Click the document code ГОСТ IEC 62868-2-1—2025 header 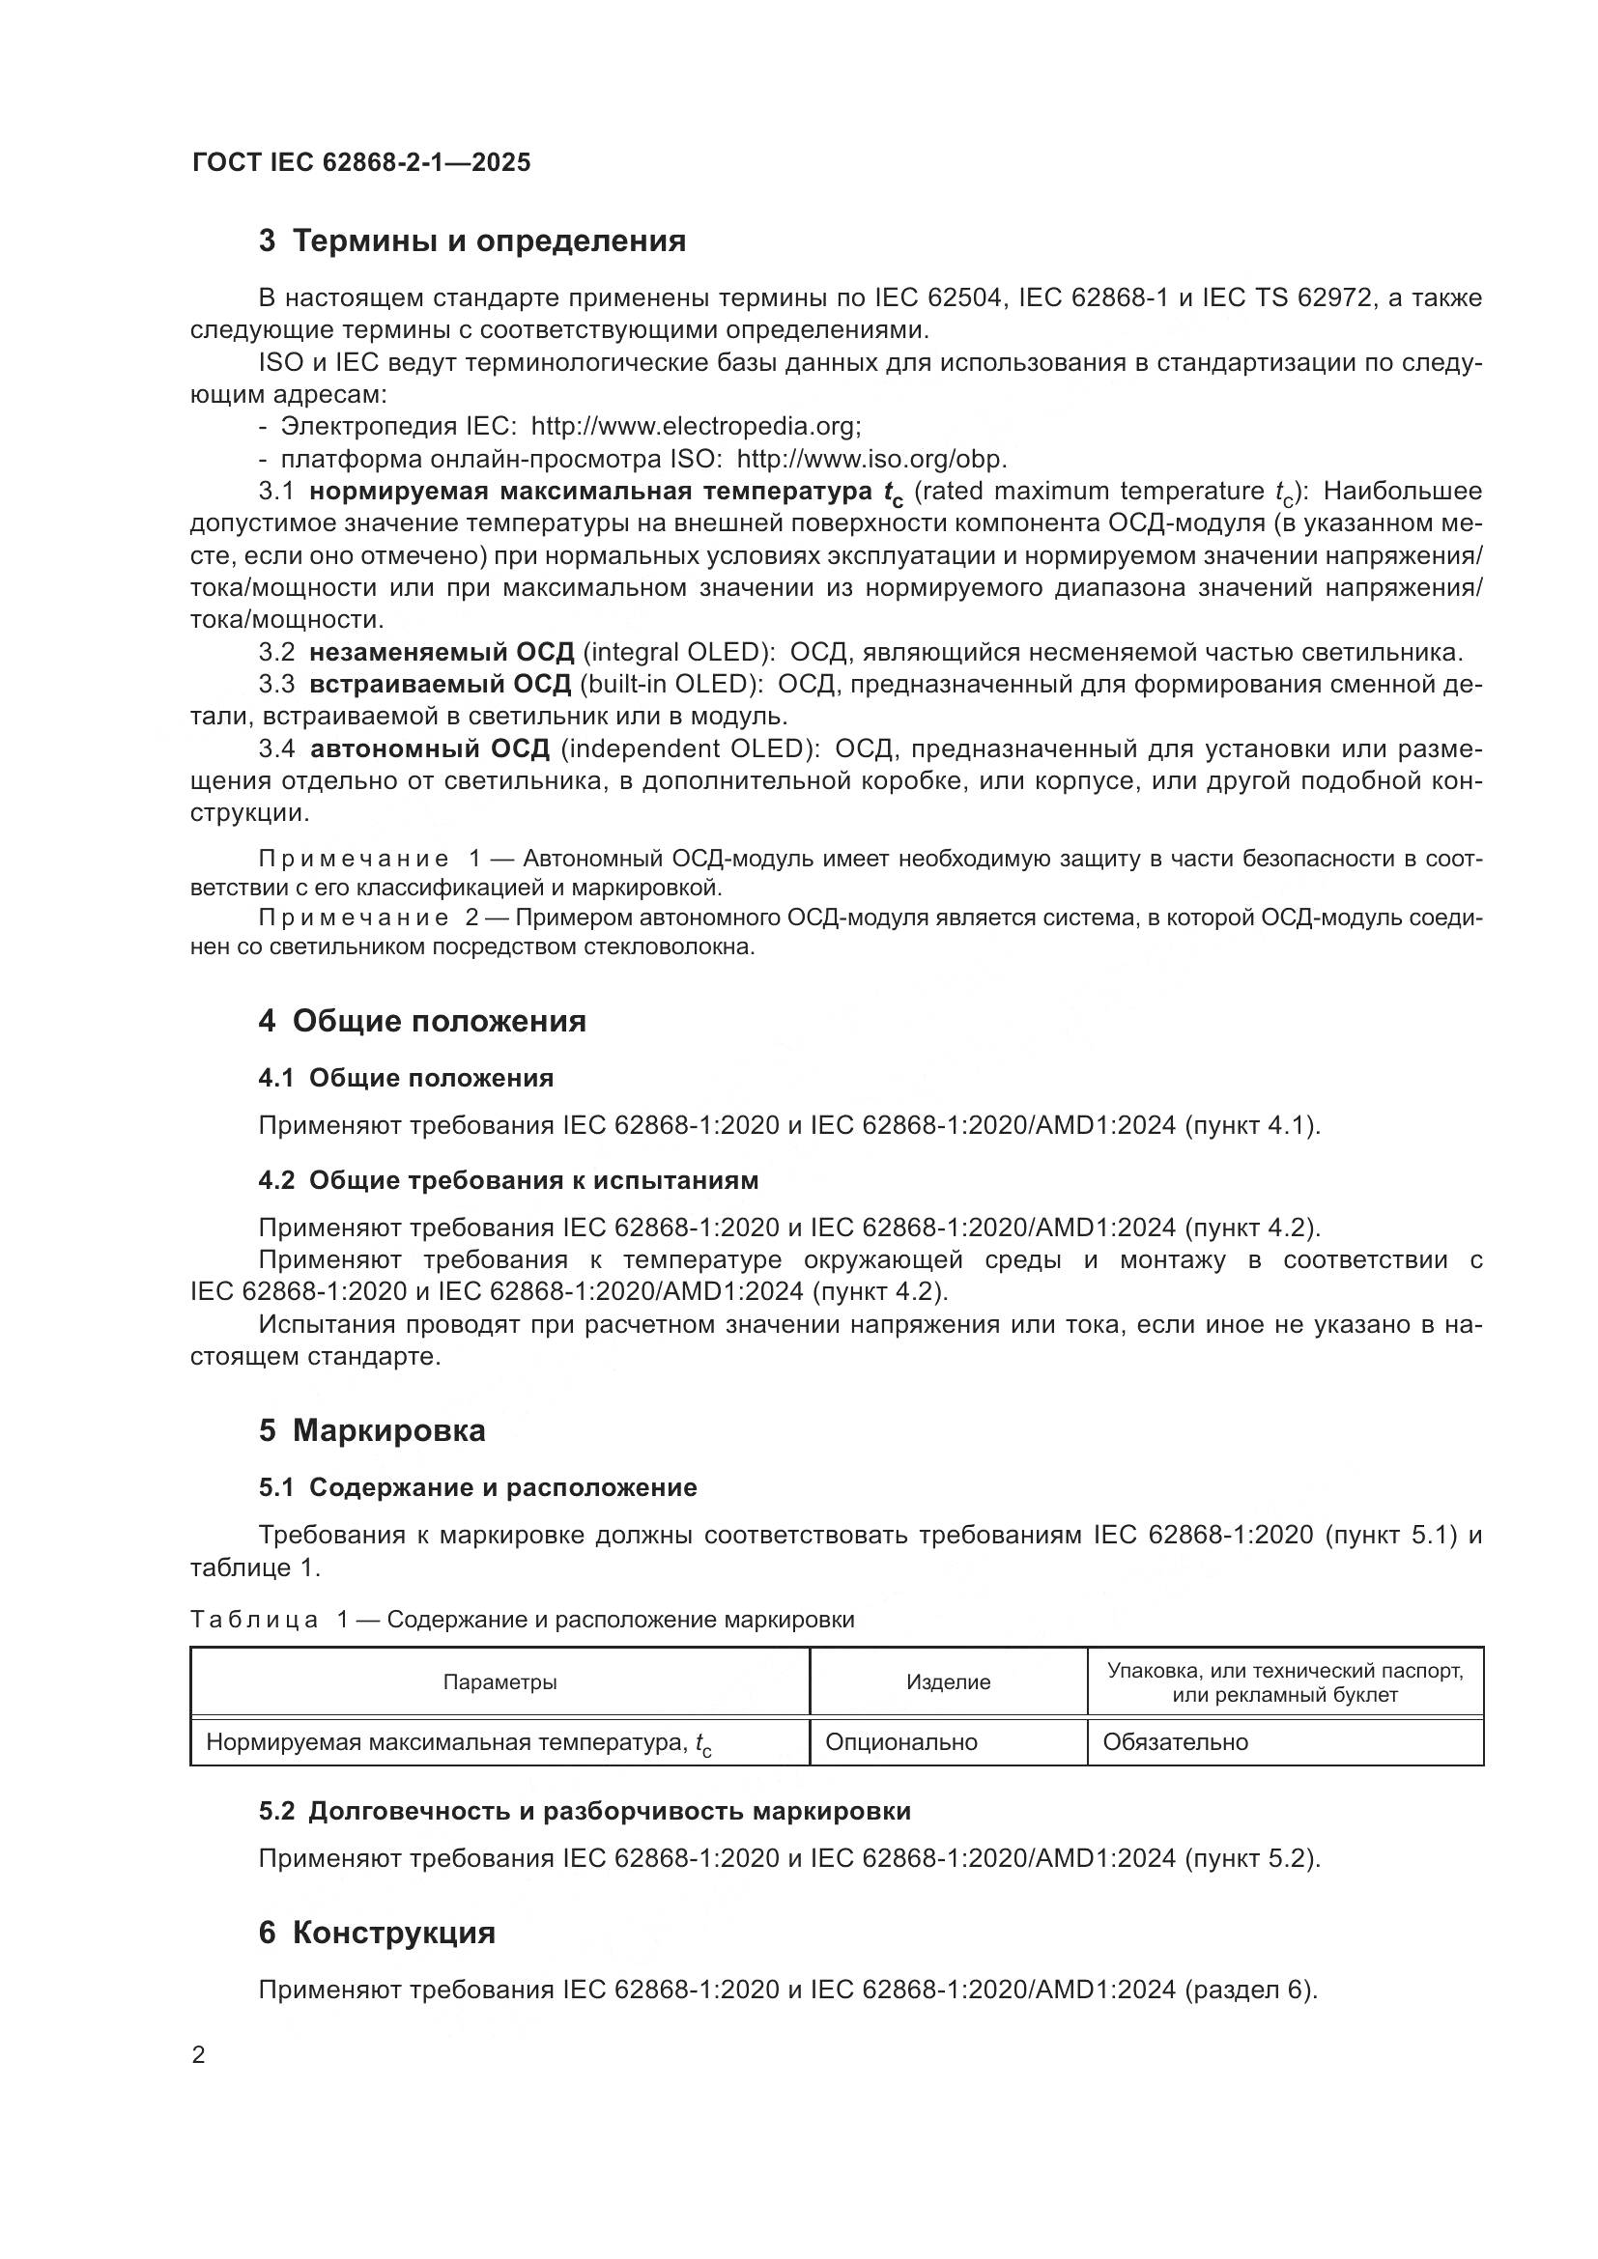tap(361, 162)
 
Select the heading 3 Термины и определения tap(472, 241)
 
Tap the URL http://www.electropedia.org tap(696, 426)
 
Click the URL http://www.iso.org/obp tap(870, 459)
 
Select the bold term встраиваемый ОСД tap(440, 684)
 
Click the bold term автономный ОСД tap(430, 748)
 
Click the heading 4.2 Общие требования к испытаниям tap(508, 1179)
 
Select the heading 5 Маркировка tap(372, 1429)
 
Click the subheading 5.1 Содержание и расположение tap(477, 1486)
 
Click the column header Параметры tap(499, 1682)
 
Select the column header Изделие tap(948, 1682)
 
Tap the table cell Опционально tap(900, 1742)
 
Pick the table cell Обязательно tap(1175, 1742)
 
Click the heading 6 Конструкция tap(377, 1933)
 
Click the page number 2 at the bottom tap(199, 2055)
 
